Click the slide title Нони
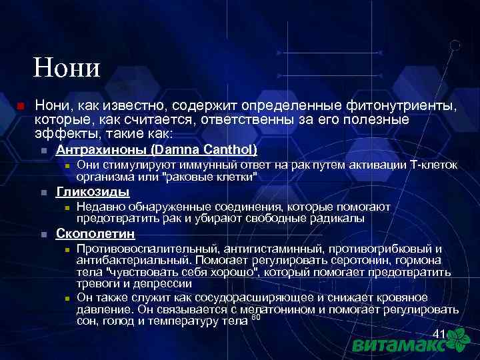pos(67,68)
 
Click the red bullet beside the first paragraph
pos(20,107)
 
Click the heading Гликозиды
pos(93,192)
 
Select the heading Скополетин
pos(96,234)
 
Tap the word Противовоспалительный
pos(149,249)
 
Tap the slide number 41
pos(439,333)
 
